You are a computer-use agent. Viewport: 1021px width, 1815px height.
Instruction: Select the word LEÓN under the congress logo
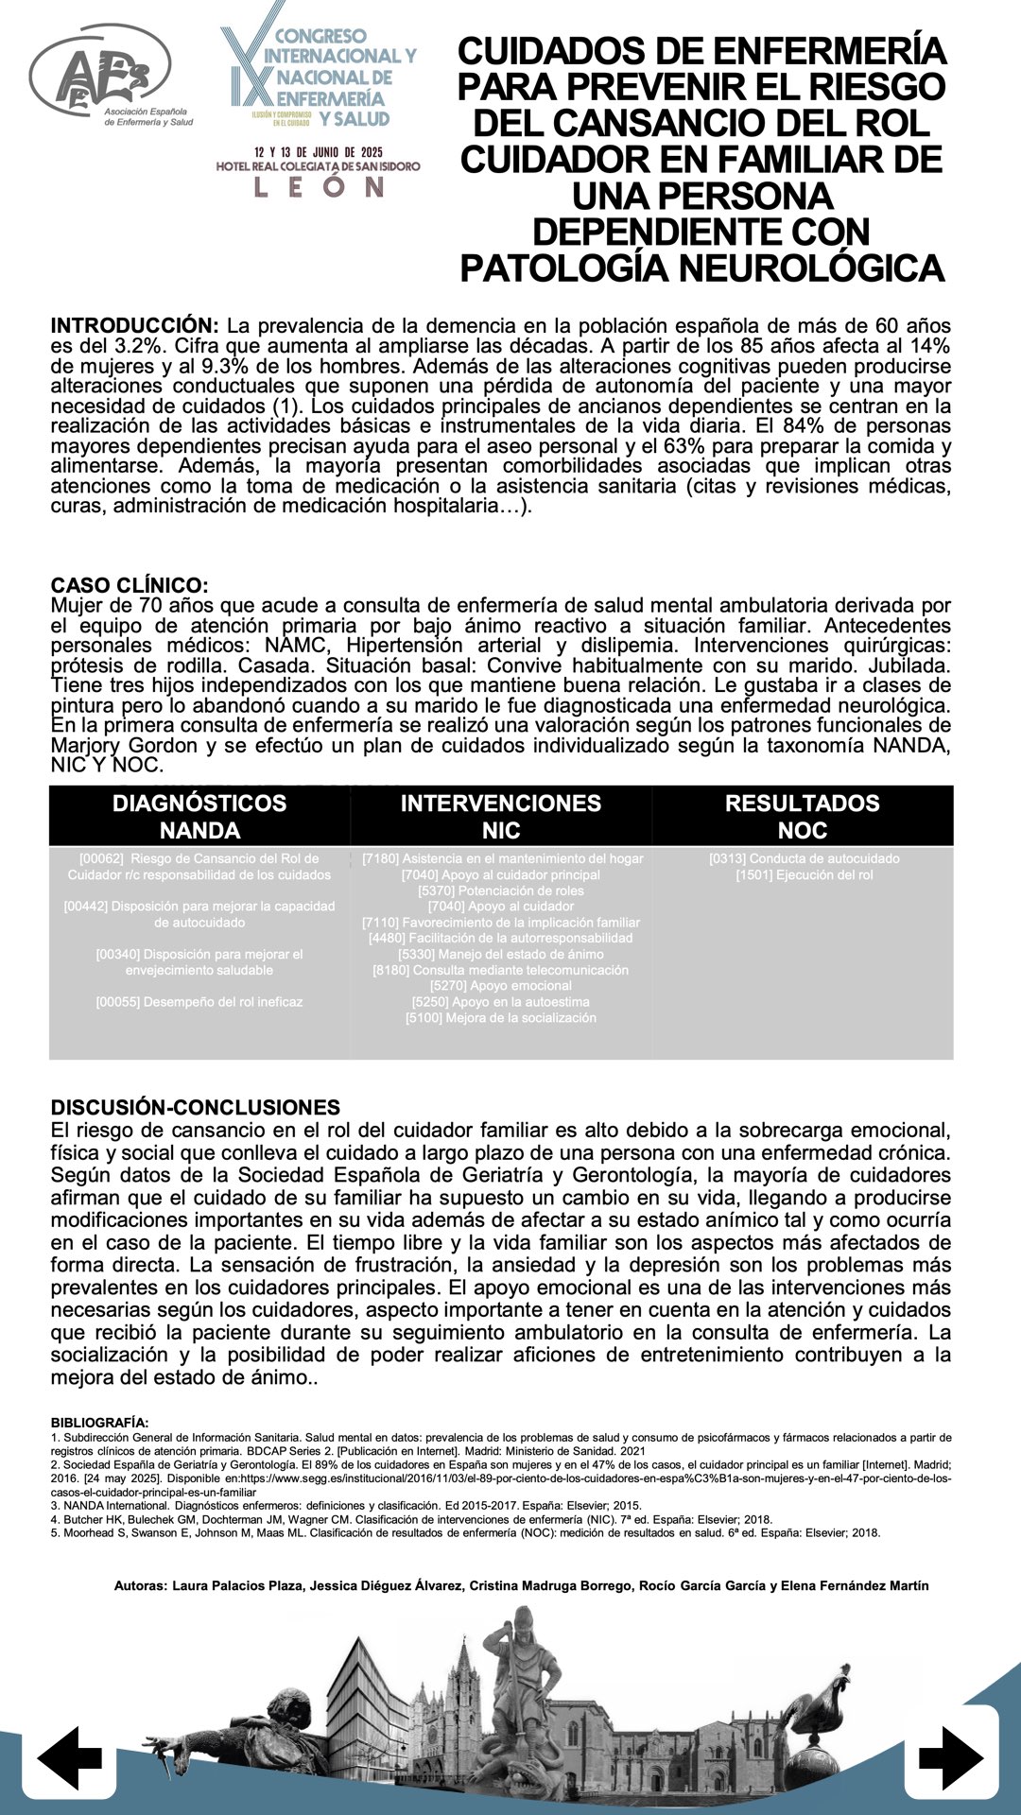click(319, 187)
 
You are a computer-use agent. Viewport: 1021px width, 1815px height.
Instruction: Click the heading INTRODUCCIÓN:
click(135, 326)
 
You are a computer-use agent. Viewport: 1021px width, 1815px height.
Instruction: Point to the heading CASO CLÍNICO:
click(130, 585)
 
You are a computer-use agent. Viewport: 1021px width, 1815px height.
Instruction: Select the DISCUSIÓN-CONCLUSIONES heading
click(196, 1107)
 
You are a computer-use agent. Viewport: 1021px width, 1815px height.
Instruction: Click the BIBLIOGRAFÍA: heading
click(99, 1422)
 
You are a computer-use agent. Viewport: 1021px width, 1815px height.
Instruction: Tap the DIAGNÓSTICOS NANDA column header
click(199, 816)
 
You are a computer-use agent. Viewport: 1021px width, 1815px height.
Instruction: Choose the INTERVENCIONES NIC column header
click(501, 816)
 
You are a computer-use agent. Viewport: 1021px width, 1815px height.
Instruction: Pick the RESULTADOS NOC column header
click(803, 816)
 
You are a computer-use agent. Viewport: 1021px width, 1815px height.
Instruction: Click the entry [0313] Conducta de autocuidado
click(805, 858)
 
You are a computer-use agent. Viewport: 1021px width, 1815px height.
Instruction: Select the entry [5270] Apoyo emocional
click(501, 985)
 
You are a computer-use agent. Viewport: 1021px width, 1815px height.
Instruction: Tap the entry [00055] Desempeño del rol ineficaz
click(199, 1001)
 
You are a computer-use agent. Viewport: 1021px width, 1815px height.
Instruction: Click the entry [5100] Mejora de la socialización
click(501, 1017)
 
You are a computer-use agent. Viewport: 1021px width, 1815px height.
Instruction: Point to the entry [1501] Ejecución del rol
click(805, 874)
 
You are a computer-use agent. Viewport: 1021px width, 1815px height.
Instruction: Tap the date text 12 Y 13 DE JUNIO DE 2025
click(319, 151)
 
